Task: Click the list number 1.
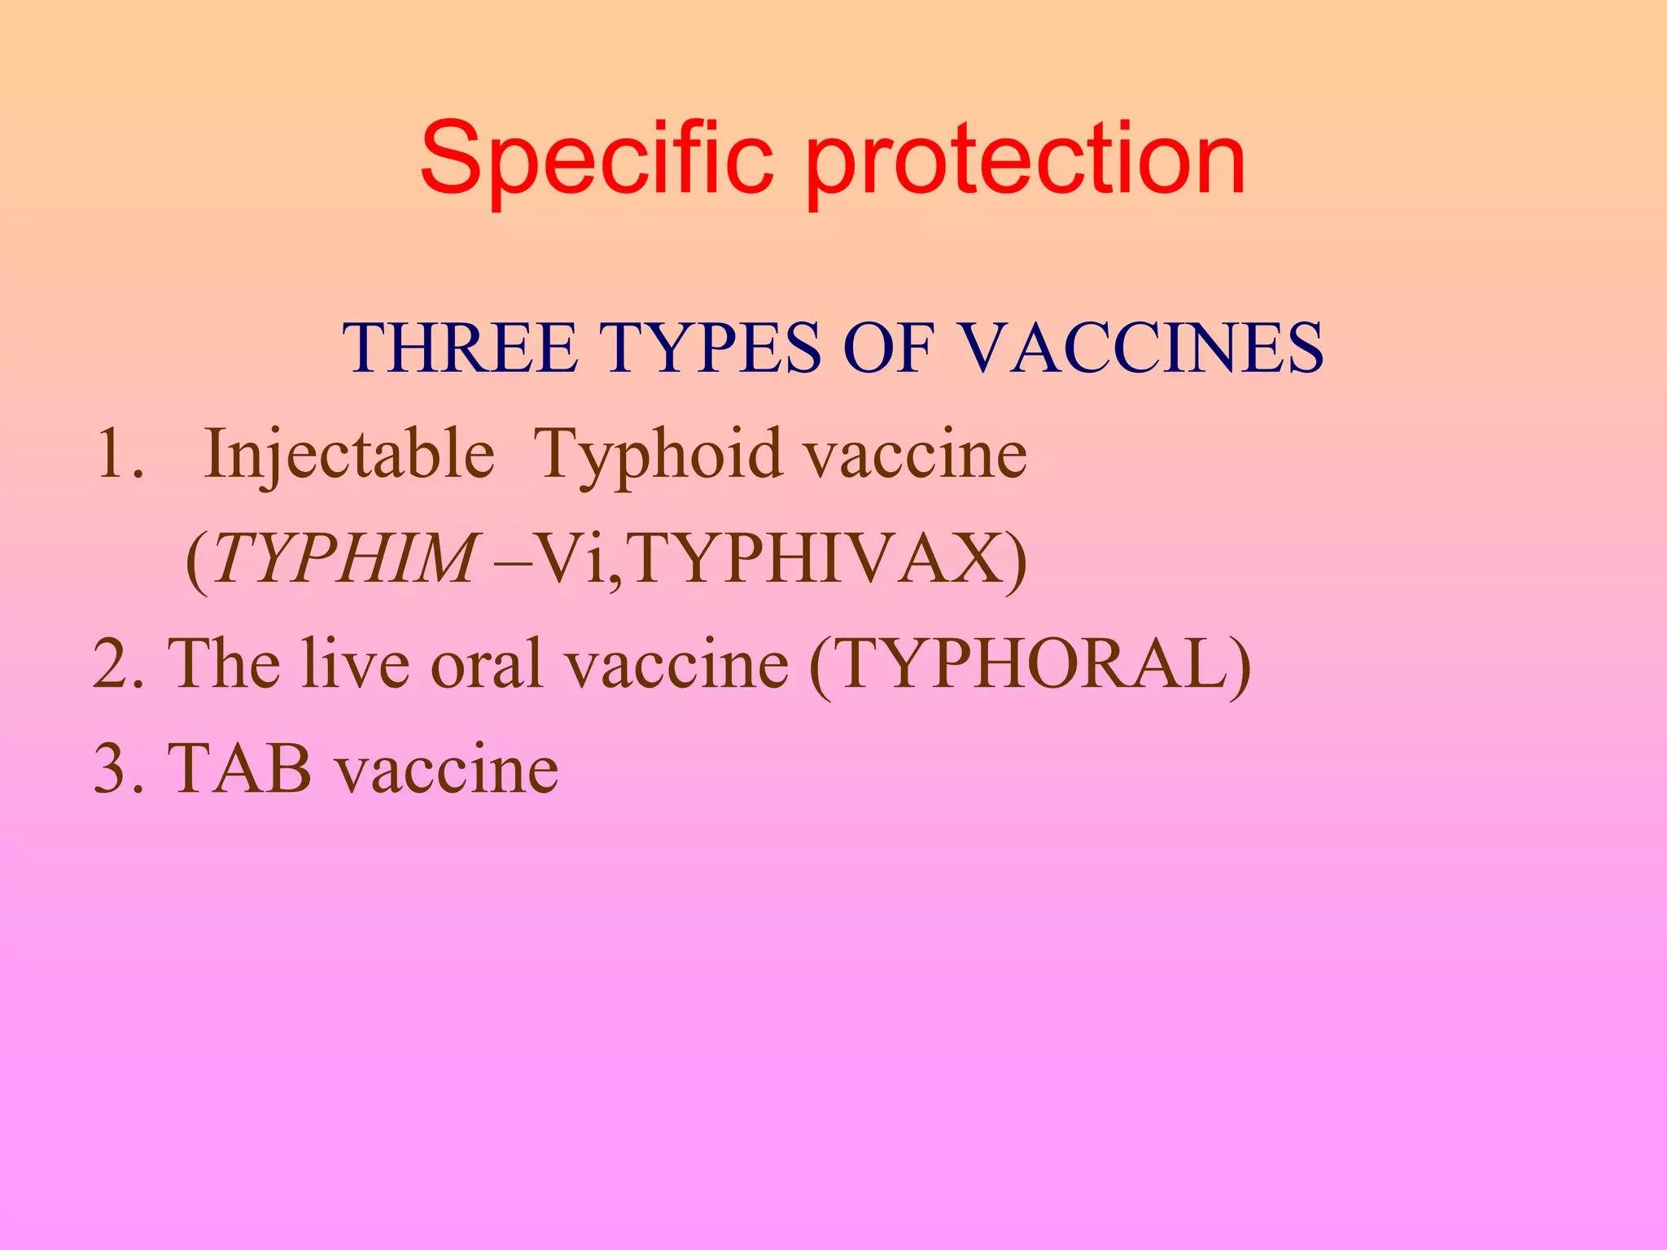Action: coord(119,454)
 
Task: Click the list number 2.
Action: coord(119,664)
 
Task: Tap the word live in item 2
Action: coord(354,664)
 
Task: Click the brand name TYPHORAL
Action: coord(1030,664)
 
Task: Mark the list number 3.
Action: coord(119,769)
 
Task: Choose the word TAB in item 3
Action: coord(240,769)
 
